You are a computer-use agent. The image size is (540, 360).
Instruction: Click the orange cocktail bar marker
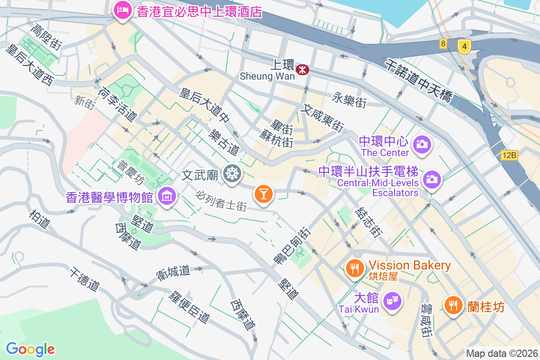point(263,194)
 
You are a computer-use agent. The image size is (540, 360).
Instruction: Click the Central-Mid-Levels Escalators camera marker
point(432,179)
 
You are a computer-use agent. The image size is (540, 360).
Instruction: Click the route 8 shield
point(444,44)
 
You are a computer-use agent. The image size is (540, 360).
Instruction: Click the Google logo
point(30,349)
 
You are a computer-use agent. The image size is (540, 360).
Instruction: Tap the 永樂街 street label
point(349,100)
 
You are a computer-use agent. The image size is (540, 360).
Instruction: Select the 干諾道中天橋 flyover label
point(418,81)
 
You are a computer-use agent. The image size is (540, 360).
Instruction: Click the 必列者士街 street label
point(221,201)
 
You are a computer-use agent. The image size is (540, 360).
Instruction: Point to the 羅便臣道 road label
point(190,306)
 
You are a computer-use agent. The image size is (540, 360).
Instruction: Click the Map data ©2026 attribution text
point(502,353)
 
